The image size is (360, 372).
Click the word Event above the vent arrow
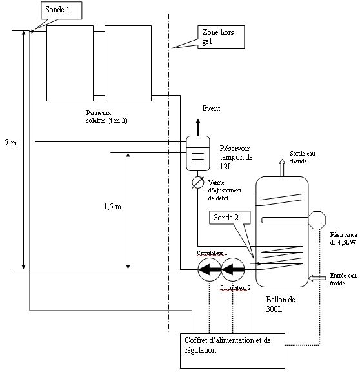pos(211,108)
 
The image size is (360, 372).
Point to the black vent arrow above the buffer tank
pos(198,127)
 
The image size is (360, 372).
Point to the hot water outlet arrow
pos(282,168)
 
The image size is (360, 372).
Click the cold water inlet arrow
pos(317,278)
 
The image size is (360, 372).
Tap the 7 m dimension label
pos(11,143)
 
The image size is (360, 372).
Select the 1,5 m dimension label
pos(112,207)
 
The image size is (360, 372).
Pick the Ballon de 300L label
pos(281,304)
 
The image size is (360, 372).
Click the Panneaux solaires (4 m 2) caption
pos(106,117)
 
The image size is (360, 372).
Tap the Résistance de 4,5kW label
pos(343,239)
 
